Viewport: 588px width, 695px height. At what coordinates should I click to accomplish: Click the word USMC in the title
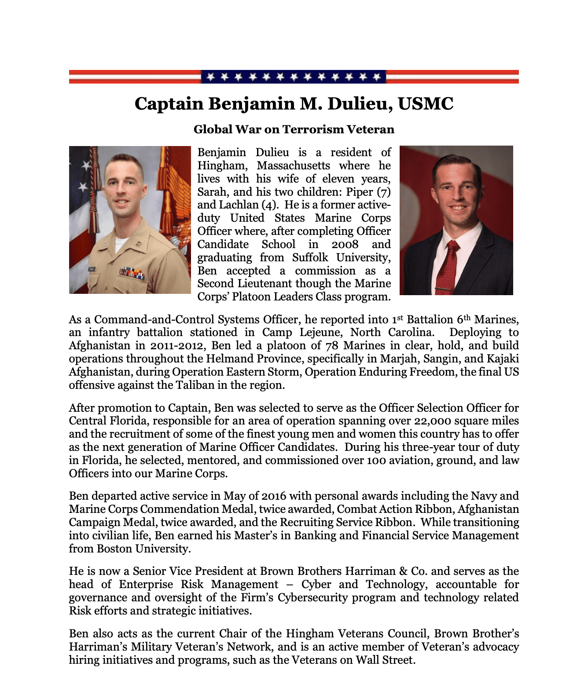pos(425,104)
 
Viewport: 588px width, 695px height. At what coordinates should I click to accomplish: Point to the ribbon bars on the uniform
pos(132,273)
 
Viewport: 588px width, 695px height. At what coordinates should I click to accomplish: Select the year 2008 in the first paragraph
pos(345,245)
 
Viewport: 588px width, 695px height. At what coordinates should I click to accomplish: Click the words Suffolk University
pos(341,257)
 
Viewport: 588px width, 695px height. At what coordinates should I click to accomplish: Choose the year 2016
pos(274,496)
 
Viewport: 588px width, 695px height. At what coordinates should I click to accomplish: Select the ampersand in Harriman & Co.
pos(403,571)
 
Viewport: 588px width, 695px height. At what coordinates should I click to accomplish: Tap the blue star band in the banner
pos(294,77)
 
